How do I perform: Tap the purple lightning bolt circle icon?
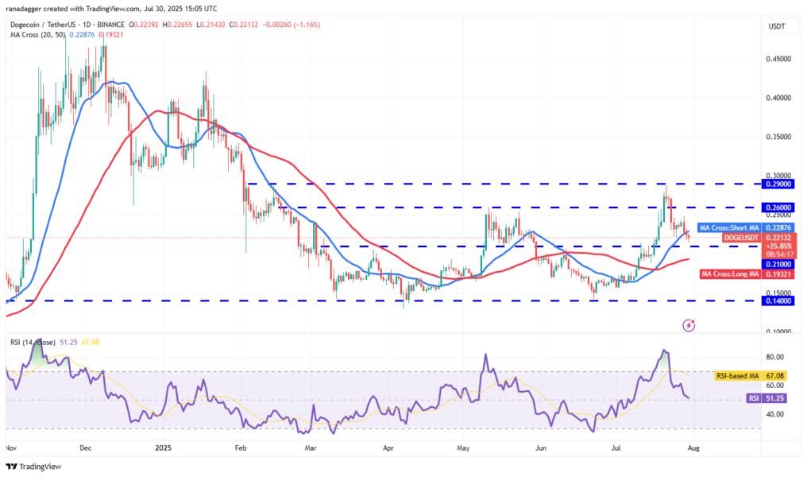tap(689, 324)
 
